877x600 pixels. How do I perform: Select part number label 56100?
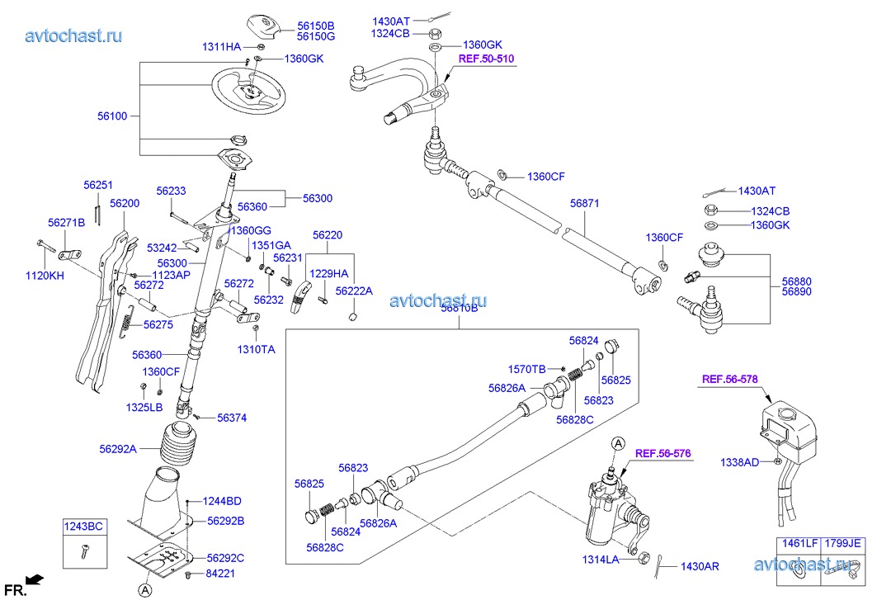111,116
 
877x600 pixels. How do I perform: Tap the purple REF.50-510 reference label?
487,59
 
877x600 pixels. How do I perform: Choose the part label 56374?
233,418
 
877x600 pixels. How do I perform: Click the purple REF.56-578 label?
729,380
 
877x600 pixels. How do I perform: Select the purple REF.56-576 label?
662,453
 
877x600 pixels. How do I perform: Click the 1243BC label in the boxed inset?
84,526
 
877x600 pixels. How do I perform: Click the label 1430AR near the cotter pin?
700,567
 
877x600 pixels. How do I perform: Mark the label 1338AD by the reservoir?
739,463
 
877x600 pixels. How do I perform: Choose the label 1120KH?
46,276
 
